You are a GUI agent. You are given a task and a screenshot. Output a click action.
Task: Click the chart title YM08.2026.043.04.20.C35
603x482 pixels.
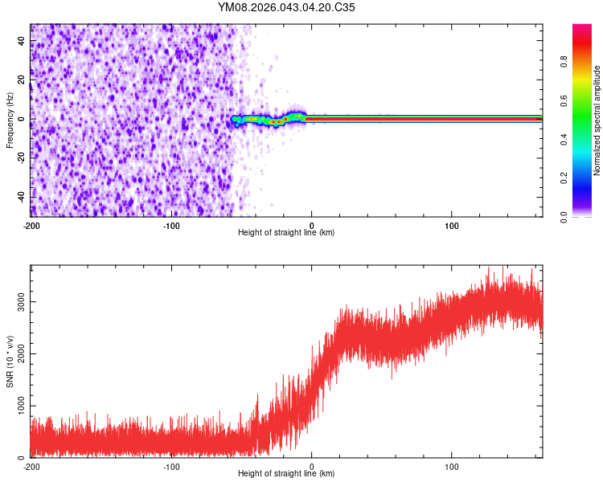tap(286, 7)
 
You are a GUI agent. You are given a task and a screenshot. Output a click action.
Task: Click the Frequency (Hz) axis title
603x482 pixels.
tap(10, 120)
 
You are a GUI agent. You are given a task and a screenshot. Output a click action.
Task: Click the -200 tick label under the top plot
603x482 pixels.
tap(32, 225)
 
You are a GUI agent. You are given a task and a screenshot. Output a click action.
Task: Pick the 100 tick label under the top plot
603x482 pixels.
tap(452, 225)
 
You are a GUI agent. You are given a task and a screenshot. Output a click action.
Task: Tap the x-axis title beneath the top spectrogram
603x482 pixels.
tap(286, 233)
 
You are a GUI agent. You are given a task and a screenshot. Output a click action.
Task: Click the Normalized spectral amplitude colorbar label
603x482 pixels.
tap(597, 120)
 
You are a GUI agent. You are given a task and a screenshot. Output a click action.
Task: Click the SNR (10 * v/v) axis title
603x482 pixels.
tap(10, 361)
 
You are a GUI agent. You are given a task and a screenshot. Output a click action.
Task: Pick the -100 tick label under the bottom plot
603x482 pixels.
tap(171, 466)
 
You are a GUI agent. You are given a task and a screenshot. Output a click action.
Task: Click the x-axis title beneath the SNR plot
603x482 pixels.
tap(286, 474)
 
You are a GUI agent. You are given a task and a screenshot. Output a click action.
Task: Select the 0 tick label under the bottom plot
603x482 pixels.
tap(312, 466)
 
